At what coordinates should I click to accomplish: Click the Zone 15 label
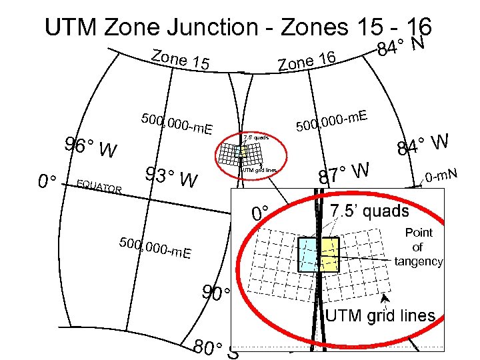181,59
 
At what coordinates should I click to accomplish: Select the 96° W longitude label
91,148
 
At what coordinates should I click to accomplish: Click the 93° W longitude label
171,177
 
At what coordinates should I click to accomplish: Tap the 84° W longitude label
422,144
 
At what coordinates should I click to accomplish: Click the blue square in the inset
309,254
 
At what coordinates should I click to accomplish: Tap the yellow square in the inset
329,254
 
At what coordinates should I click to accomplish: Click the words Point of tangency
418,247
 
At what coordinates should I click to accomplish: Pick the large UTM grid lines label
380,316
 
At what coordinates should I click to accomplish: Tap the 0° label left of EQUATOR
47,181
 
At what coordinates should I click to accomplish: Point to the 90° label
215,294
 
